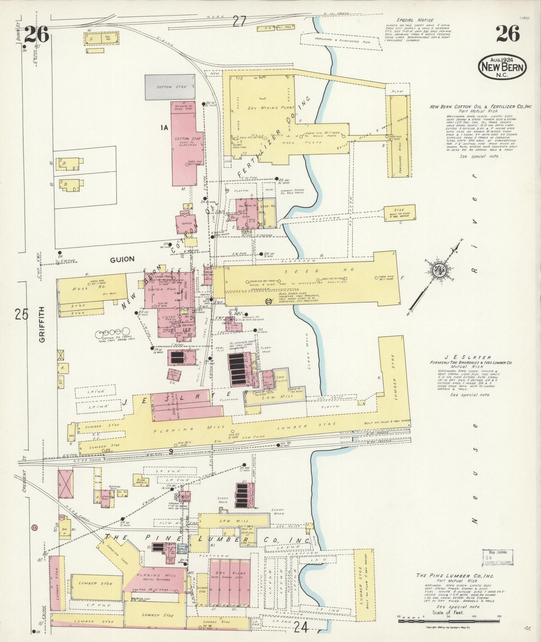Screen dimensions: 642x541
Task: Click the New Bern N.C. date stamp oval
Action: click(502, 67)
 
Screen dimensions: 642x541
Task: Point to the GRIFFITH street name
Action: click(42, 324)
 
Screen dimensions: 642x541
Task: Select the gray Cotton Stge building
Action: click(170, 87)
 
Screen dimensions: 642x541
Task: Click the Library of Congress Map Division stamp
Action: click(497, 557)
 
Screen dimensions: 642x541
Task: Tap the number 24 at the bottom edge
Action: click(301, 627)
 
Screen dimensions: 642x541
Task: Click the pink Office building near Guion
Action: click(186, 224)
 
